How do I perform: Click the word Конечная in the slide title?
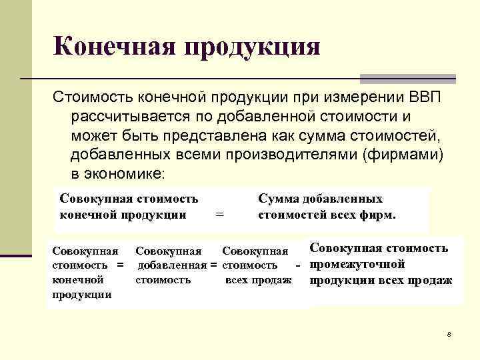pos(111,47)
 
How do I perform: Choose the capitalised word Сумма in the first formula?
pos(279,199)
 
